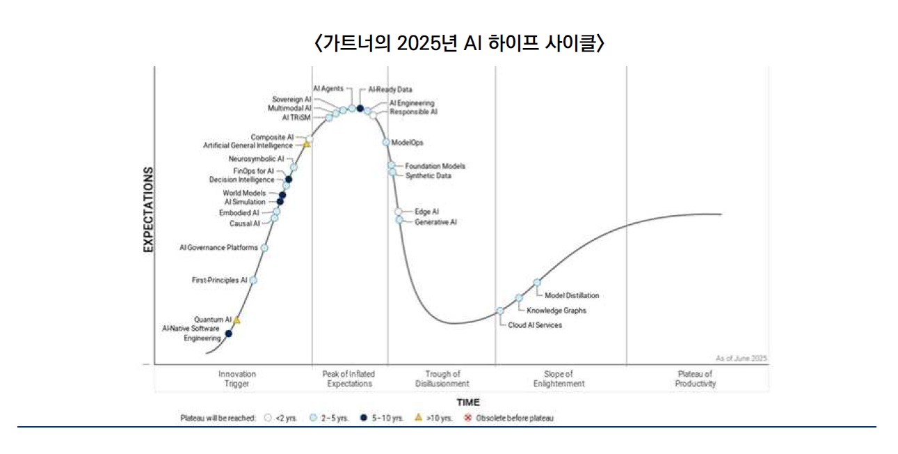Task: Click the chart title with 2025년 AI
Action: tap(459, 42)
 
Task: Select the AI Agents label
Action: tap(328, 88)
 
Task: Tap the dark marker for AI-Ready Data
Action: tap(360, 109)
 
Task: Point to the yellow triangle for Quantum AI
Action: tap(237, 320)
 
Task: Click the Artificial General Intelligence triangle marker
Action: tap(307, 143)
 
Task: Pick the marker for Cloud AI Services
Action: tap(500, 311)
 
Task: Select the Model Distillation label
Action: tap(572, 295)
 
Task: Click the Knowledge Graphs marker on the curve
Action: tap(519, 298)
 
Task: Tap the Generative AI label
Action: tap(435, 222)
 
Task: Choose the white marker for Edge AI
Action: tap(398, 212)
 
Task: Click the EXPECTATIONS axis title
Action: tap(148, 210)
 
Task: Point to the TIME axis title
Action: tap(468, 402)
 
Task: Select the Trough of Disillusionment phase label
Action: tap(442, 379)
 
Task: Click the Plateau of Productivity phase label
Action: tap(695, 379)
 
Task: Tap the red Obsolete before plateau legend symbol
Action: tap(467, 418)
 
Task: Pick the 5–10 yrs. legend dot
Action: tap(364, 418)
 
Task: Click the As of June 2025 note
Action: tap(741, 358)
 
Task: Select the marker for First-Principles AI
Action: tap(253, 280)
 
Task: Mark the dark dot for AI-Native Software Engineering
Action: tap(229, 334)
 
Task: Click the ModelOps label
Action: tap(407, 143)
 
